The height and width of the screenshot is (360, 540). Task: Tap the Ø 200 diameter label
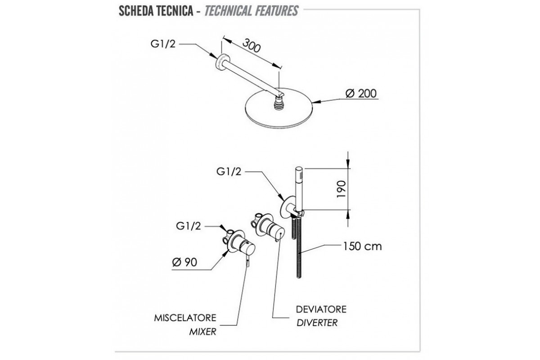pos(361,93)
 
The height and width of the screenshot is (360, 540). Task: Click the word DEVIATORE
pos(321,310)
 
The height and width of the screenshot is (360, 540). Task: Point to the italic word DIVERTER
pos(317,323)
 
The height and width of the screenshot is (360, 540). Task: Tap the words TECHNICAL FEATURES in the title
pos(251,11)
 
